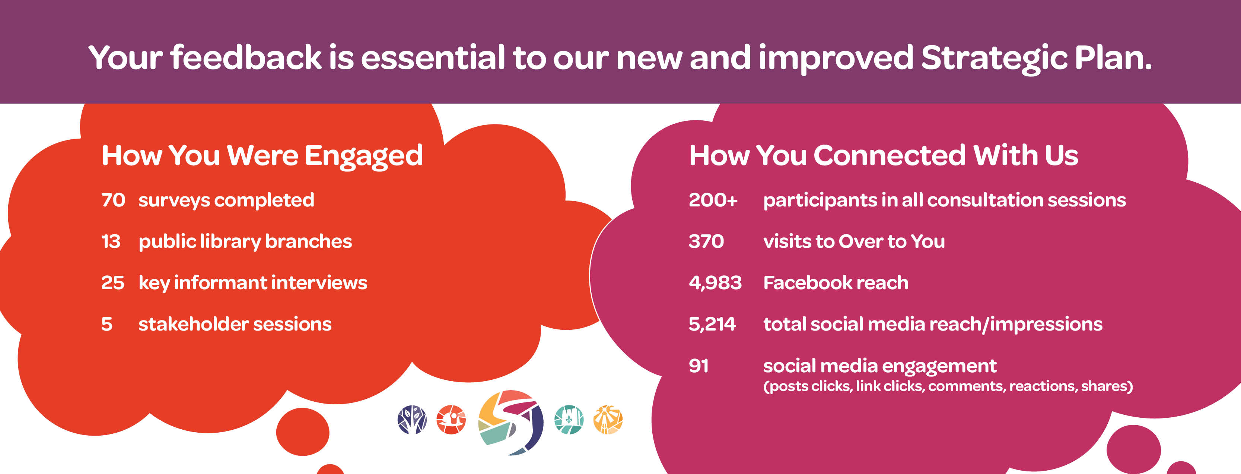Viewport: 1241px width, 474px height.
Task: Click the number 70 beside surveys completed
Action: pos(113,200)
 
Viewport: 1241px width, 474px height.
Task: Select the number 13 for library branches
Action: pos(111,241)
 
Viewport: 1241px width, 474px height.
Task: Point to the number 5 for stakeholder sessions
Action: pos(107,324)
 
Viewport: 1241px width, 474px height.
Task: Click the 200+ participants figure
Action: pos(713,200)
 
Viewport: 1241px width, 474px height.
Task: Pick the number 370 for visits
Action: pos(706,241)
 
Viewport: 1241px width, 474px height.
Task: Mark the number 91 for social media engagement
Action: pos(699,366)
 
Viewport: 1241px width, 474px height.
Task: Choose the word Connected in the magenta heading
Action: pos(889,156)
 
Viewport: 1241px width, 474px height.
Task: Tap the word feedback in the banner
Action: pos(246,58)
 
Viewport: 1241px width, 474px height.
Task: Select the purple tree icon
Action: pos(412,420)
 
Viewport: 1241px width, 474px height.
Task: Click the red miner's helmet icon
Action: pos(451,420)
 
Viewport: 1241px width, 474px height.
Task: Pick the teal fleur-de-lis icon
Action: pos(569,420)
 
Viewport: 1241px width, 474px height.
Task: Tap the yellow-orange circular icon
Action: pos(608,420)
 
